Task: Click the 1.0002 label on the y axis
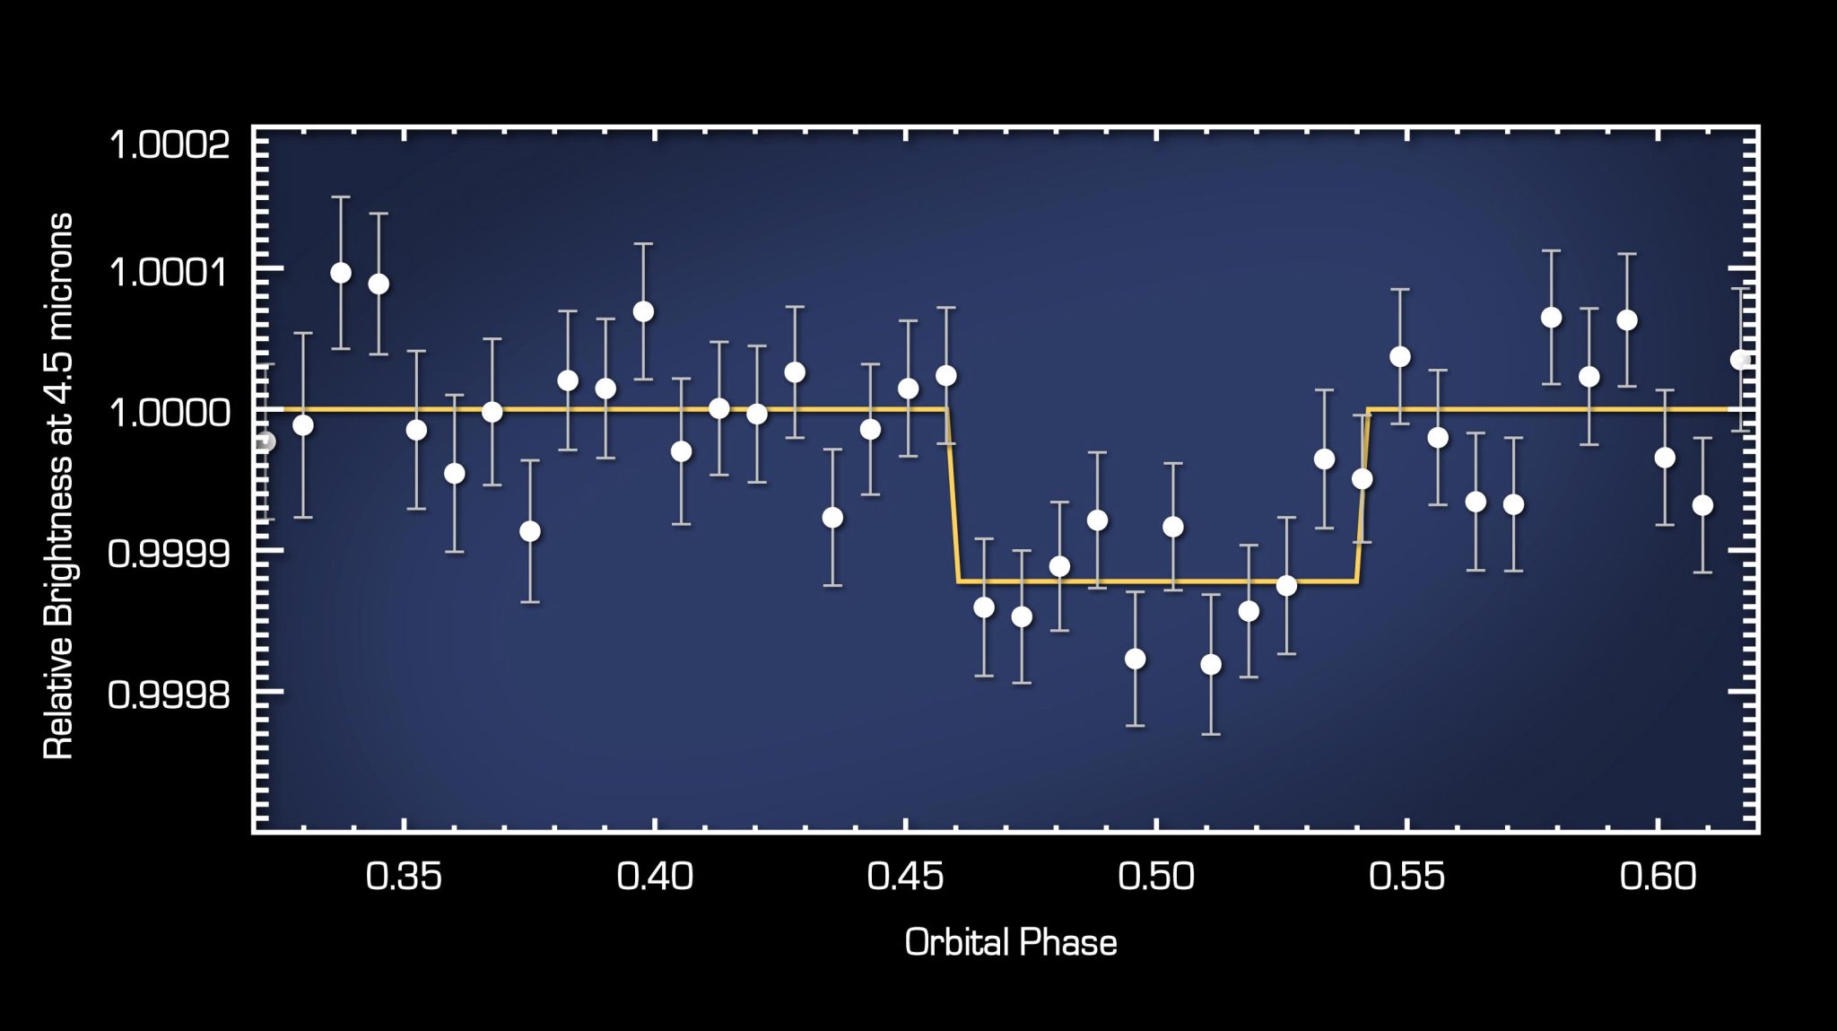click(170, 144)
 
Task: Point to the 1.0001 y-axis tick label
click(170, 271)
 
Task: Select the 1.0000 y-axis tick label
click(170, 413)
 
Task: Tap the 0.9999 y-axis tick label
click(170, 553)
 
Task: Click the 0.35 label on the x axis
click(404, 877)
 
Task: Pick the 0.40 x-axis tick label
click(655, 877)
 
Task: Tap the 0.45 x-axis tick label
click(905, 877)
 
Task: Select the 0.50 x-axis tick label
click(1156, 877)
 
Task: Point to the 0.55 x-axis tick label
click(1406, 877)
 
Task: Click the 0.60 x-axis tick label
click(1658, 877)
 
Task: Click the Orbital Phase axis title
click(1011, 943)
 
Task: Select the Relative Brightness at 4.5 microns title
click(58, 485)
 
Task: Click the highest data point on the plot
click(341, 273)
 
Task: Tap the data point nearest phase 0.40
click(643, 311)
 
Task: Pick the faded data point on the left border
click(265, 441)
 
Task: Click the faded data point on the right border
click(1741, 360)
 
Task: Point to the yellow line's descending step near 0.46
click(953, 495)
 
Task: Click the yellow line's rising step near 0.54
click(1363, 495)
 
